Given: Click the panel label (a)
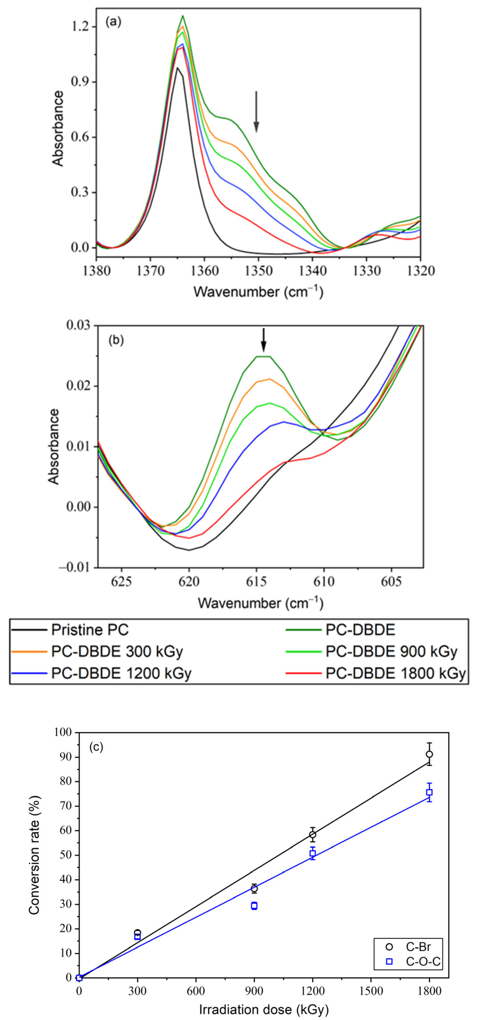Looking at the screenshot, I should click(x=113, y=22).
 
